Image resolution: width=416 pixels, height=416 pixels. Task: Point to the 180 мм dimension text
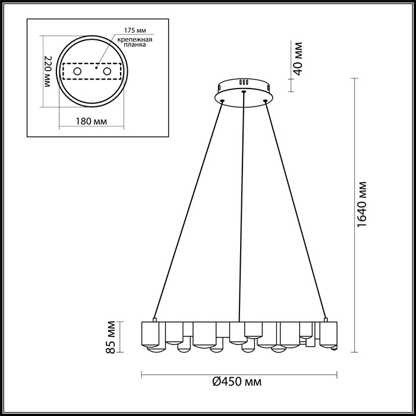92,122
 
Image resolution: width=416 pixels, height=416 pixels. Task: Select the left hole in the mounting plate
77,72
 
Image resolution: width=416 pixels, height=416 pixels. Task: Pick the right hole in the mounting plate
108,72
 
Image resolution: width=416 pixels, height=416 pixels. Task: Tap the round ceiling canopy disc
244,95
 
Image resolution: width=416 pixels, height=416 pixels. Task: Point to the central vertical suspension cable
241,208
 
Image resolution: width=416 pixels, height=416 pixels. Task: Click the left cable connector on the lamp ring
154,320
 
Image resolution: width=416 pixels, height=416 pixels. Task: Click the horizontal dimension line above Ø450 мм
238,374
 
